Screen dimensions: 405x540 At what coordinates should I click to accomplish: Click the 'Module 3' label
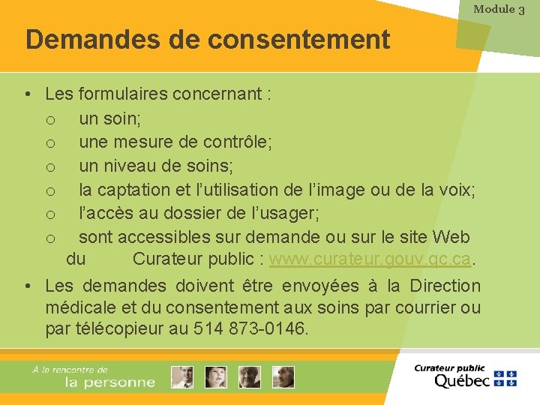point(499,10)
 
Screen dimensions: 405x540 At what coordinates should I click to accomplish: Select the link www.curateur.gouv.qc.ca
point(371,259)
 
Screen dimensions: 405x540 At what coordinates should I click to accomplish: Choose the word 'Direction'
point(445,286)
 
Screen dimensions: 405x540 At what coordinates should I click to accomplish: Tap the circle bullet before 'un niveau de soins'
point(50,166)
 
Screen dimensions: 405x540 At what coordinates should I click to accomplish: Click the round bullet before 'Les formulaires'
point(27,94)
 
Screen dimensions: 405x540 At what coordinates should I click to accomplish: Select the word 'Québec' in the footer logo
point(462,380)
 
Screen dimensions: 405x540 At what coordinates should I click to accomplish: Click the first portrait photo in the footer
point(181,377)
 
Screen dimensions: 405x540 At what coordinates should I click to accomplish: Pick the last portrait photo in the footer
point(283,377)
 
